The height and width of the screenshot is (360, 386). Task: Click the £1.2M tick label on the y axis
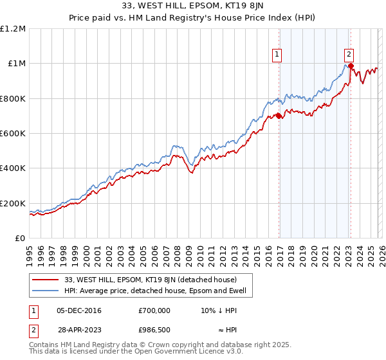click(13, 29)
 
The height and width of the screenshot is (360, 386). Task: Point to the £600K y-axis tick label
click(13, 134)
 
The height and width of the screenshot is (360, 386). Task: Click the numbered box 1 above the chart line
click(277, 55)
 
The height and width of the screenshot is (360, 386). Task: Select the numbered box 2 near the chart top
click(349, 55)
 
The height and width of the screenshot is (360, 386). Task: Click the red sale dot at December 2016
click(279, 116)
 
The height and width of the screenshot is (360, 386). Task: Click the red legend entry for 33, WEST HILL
click(152, 280)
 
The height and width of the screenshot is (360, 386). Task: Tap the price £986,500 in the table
click(154, 328)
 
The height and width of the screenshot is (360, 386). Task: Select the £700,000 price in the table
click(154, 310)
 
